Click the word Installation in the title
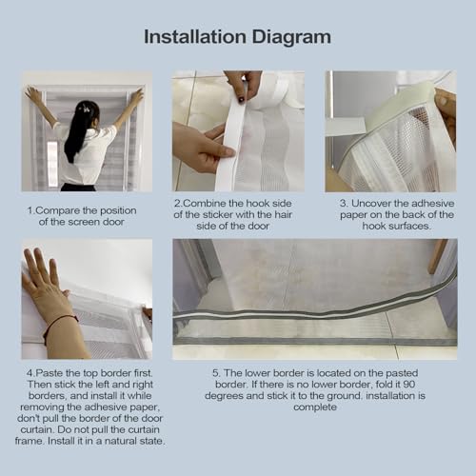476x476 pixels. point(195,37)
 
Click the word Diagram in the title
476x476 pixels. point(291,38)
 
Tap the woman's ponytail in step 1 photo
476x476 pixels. point(76,130)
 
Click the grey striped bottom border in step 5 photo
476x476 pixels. point(314,311)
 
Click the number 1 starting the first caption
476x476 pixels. point(30,210)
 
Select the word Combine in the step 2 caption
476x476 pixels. point(203,203)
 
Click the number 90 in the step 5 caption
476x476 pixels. point(408,385)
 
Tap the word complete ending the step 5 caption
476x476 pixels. point(315,407)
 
